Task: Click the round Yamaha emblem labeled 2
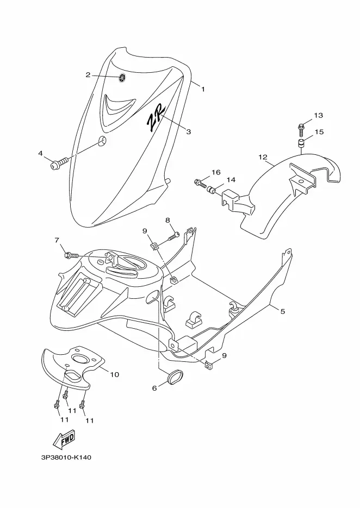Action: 122,78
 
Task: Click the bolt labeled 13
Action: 301,130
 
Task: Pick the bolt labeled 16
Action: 201,184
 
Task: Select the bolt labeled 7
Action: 72,255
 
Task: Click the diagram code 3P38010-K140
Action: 66,457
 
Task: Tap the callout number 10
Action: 115,374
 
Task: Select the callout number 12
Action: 263,157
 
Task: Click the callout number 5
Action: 282,311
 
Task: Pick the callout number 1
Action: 203,89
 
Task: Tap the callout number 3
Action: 189,131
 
